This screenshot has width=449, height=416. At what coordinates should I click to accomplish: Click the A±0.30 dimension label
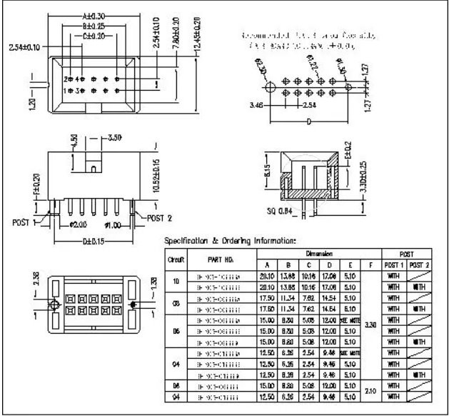94,15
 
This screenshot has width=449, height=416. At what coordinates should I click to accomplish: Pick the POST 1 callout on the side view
23,222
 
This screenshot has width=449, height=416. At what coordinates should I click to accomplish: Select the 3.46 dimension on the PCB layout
256,104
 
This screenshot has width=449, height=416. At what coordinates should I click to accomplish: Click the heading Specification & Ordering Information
230,240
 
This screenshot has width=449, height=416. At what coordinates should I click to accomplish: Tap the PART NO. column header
216,261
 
